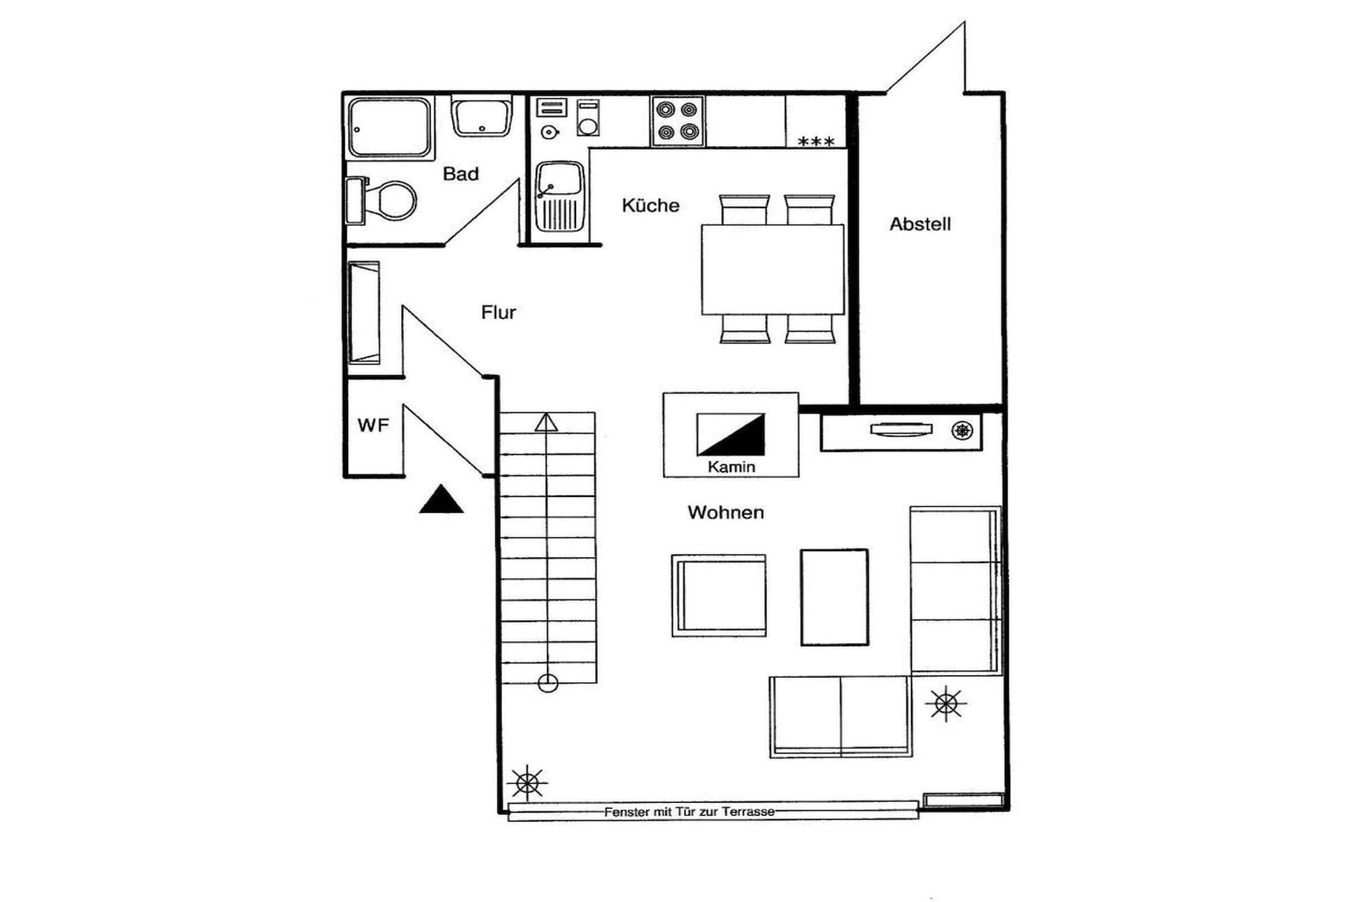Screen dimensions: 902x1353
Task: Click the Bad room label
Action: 460,174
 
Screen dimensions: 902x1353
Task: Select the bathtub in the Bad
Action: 390,128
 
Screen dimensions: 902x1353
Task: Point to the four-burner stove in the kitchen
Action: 677,120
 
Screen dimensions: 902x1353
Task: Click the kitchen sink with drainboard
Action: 560,196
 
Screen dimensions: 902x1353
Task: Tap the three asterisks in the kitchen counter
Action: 816,141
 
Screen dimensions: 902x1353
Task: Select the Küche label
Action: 650,206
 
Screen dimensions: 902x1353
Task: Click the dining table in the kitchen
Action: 772,270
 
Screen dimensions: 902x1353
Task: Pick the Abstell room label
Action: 920,224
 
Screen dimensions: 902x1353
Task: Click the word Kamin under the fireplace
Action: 731,467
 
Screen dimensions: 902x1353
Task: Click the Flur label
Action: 498,312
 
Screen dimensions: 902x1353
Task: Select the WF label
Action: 373,425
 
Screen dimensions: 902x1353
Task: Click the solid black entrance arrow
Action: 441,500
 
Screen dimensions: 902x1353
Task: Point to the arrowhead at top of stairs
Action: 546,422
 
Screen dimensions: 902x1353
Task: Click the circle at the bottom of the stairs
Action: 548,683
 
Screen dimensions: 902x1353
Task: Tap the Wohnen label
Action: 725,512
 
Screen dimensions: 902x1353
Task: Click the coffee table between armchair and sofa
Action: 834,597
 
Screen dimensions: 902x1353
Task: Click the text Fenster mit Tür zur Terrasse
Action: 689,811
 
